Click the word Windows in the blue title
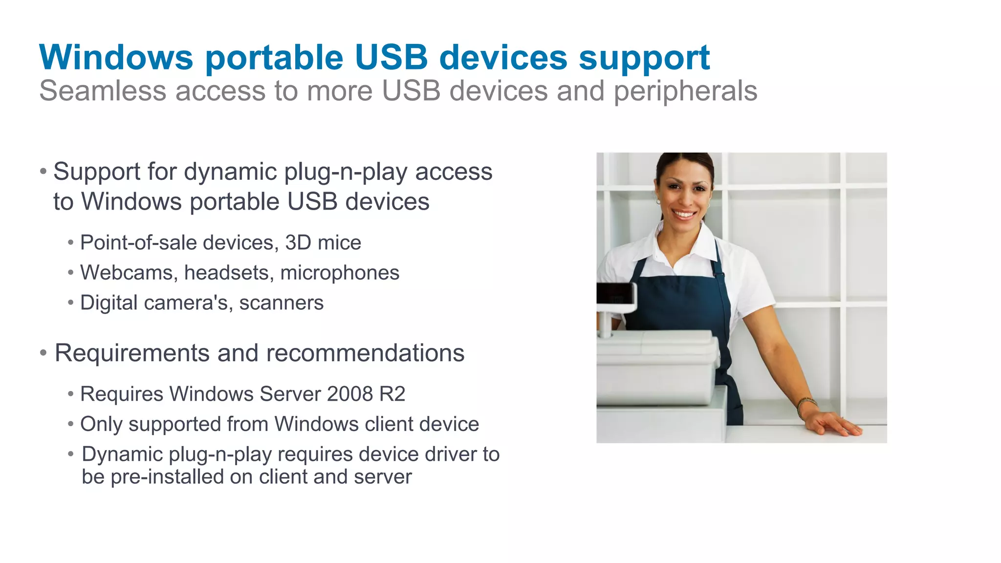coord(116,58)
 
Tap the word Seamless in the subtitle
coord(103,91)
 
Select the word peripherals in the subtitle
coord(685,91)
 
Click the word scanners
coord(281,303)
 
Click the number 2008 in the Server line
coord(349,394)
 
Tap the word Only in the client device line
coord(101,424)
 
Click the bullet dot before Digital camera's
coord(71,303)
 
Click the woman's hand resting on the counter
coord(833,423)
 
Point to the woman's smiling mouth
coord(684,214)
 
